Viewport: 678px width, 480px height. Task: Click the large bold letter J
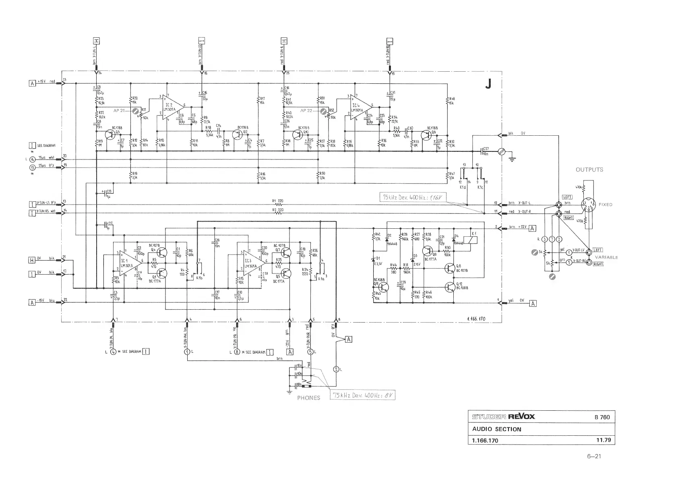click(x=488, y=84)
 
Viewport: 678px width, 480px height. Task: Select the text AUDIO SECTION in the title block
click(x=496, y=429)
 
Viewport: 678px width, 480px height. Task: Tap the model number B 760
click(x=602, y=417)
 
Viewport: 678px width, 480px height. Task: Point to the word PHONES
click(x=308, y=398)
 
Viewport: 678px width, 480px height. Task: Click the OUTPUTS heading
click(x=589, y=170)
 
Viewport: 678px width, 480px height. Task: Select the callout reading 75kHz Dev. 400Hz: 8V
click(x=362, y=395)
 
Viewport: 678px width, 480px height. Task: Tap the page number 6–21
click(x=594, y=456)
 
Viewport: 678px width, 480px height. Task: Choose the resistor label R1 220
click(x=278, y=201)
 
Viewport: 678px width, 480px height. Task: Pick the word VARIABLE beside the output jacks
click(x=606, y=257)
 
